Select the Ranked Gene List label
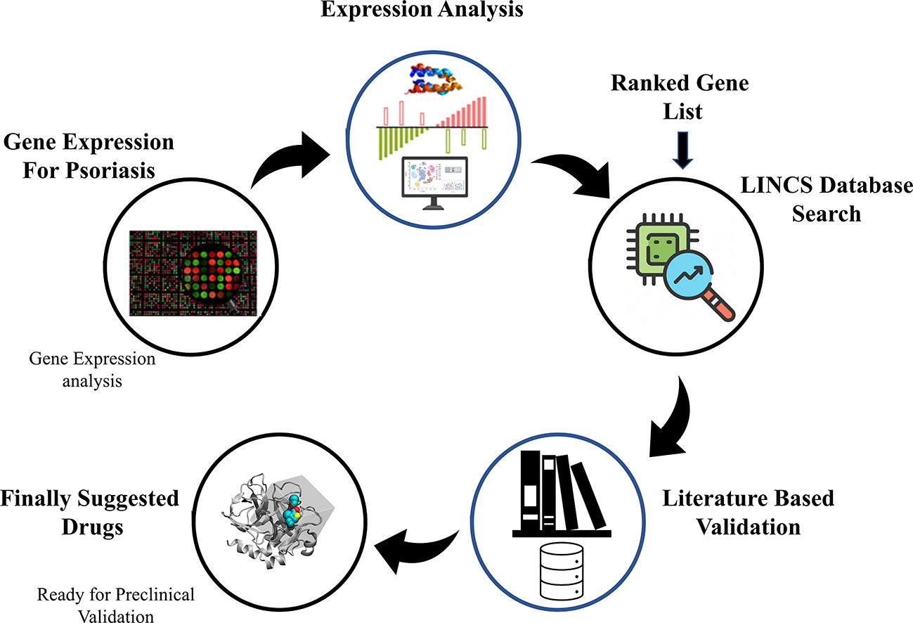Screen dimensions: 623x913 [679, 96]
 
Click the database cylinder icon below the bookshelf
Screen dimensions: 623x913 [555, 569]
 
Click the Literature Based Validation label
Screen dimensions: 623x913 [748, 512]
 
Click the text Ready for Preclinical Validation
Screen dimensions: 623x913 [115, 605]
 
